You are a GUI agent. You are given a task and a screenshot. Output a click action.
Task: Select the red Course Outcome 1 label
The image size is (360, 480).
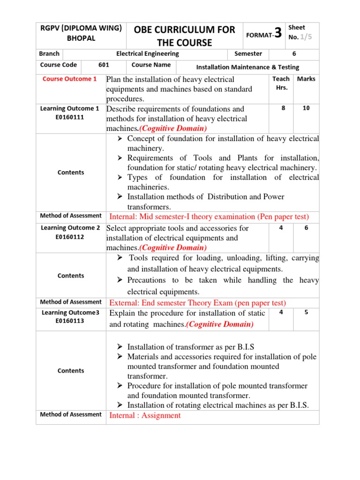tap(70, 79)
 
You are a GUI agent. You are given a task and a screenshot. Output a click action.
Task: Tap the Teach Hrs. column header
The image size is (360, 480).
tap(281, 83)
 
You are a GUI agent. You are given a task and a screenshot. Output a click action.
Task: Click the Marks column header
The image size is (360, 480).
tap(306, 79)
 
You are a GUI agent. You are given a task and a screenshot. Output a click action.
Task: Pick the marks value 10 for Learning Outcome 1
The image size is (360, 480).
tap(306, 108)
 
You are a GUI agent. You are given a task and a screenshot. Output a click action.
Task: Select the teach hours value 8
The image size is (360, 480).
tap(283, 108)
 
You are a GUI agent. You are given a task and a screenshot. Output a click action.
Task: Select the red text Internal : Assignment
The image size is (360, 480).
tap(145, 415)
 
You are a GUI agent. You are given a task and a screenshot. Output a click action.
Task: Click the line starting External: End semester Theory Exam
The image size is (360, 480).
tap(197, 303)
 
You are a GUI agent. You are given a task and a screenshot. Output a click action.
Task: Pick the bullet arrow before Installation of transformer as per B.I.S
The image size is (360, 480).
tap(120, 347)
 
